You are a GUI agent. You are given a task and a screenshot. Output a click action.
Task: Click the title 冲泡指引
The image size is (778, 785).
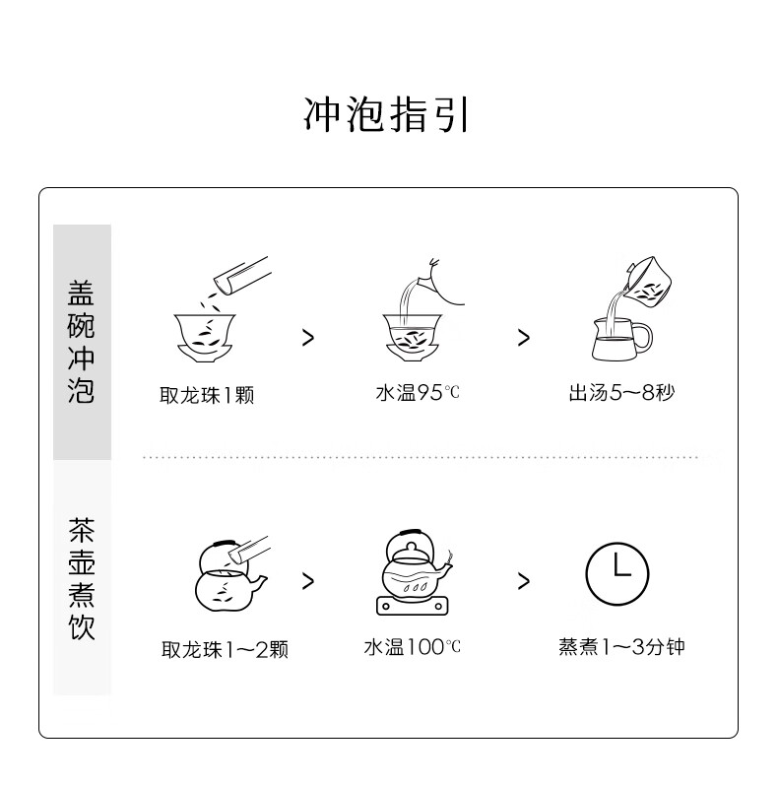click(386, 115)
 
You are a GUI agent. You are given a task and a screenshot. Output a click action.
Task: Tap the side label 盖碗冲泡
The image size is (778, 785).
click(82, 342)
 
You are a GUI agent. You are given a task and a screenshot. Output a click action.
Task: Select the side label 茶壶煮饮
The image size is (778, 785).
click(82, 578)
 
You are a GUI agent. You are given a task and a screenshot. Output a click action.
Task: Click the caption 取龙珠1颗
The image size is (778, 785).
click(207, 396)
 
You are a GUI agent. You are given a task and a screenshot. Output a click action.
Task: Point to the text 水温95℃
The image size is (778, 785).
click(418, 393)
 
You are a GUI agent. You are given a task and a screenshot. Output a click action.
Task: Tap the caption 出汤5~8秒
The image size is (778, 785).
click(621, 393)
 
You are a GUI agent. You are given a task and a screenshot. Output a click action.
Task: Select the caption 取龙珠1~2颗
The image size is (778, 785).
click(225, 650)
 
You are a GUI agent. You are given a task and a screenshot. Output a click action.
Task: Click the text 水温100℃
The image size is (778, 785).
click(412, 647)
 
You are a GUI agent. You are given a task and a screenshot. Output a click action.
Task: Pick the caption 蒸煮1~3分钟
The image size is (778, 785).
click(621, 647)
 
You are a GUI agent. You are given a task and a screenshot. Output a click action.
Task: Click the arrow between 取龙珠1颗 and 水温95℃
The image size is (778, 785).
click(308, 338)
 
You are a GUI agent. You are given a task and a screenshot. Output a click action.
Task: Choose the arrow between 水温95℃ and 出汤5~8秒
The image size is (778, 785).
click(524, 338)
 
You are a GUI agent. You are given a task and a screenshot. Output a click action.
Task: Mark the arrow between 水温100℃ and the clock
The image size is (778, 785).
click(524, 581)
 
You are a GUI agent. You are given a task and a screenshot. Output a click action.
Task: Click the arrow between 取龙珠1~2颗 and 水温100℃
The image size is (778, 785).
click(308, 581)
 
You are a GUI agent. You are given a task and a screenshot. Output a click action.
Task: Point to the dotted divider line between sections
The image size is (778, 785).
click(421, 457)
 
